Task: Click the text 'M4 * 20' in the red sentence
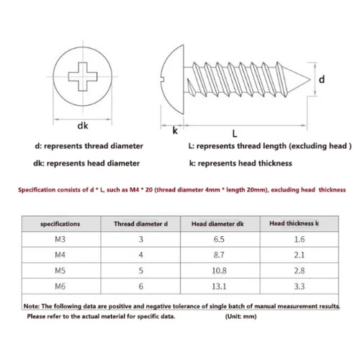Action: [x=122, y=191]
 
